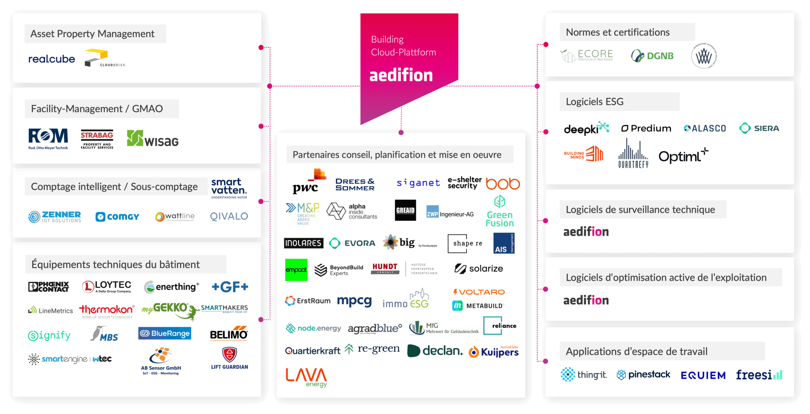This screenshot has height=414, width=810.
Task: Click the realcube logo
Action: click(x=51, y=59)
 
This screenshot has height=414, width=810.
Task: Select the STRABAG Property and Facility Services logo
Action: click(x=97, y=140)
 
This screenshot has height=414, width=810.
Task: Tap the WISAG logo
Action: click(x=153, y=139)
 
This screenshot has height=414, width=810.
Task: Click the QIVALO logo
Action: click(x=229, y=216)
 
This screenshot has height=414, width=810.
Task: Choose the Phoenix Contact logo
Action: click(x=49, y=287)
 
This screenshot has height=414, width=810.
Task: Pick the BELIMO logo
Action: click(x=229, y=333)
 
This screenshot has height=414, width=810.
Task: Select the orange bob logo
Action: click(x=503, y=184)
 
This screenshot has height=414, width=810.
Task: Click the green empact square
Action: click(x=296, y=270)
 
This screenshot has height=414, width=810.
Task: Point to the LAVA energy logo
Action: click(x=306, y=377)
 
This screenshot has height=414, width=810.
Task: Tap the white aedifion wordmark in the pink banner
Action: click(x=401, y=76)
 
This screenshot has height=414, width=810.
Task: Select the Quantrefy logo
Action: click(x=633, y=154)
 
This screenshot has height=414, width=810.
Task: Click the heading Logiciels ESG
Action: click(x=595, y=102)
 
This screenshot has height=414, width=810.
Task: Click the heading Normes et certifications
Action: click(x=618, y=32)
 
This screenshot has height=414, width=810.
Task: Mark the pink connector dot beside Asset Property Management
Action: click(x=261, y=48)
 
